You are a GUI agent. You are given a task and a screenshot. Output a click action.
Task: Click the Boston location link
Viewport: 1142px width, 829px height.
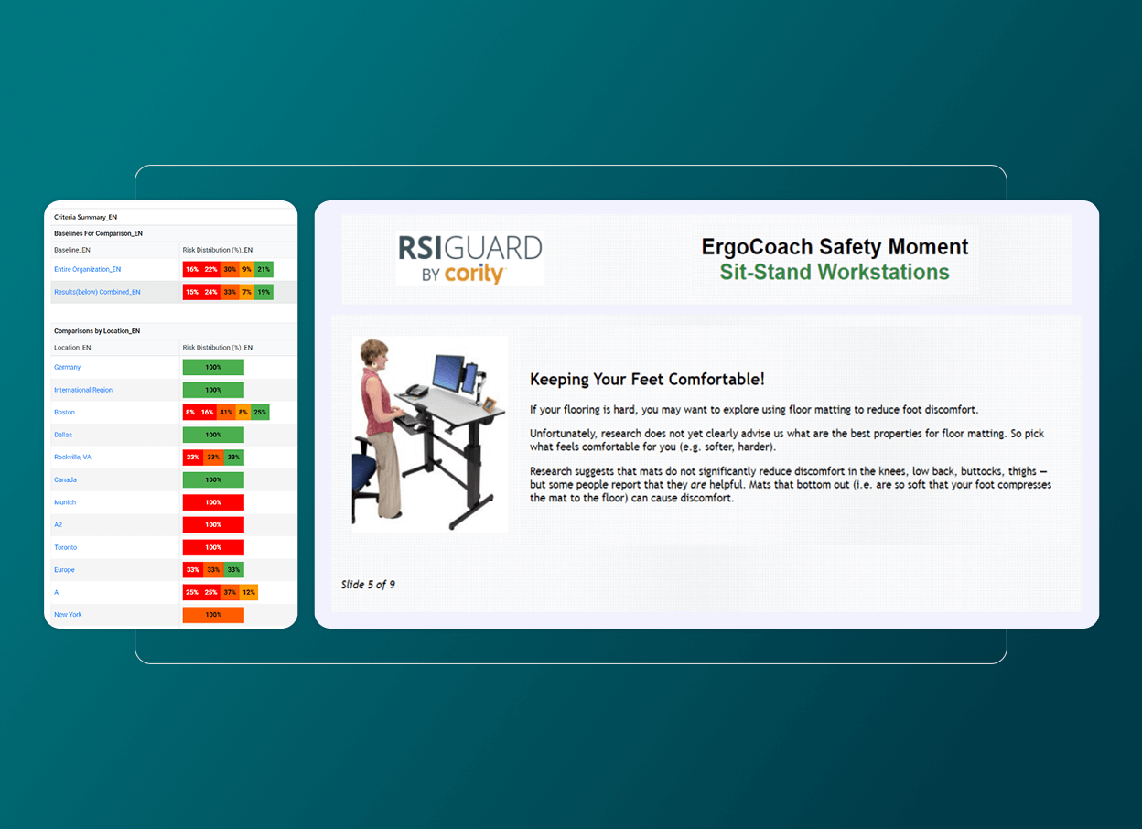coord(64,413)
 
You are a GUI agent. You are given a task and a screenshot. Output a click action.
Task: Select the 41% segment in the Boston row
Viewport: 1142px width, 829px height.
coord(226,413)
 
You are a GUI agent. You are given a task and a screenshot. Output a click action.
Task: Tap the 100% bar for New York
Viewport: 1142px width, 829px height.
coord(213,615)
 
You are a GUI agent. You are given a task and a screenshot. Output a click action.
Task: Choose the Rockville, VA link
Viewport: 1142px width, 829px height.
coord(72,458)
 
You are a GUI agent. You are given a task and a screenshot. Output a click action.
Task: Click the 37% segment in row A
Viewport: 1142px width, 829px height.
coord(230,593)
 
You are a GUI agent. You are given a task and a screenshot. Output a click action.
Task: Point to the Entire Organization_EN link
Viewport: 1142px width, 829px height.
coord(87,270)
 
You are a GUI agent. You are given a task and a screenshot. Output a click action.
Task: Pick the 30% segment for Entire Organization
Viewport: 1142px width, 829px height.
coord(230,270)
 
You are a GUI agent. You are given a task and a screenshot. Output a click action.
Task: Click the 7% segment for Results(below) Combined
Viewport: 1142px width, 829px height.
coord(247,293)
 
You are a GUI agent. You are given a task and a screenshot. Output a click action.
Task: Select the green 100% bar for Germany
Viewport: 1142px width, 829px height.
coord(213,368)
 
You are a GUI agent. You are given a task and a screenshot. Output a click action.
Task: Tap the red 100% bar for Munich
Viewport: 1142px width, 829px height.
coord(213,502)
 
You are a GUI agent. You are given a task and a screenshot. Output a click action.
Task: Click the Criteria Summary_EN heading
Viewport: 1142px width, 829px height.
coord(85,218)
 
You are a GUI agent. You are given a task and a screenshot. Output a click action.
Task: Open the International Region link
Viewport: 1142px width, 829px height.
coord(83,390)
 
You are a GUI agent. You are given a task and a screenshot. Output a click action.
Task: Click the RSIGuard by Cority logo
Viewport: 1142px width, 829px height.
coord(469,259)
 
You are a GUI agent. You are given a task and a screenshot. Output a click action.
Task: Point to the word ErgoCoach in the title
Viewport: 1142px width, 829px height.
coord(744,247)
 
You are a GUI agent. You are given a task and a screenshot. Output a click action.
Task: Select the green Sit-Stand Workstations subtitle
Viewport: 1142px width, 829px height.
coord(834,272)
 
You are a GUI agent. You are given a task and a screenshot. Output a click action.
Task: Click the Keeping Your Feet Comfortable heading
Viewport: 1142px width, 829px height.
coord(647,379)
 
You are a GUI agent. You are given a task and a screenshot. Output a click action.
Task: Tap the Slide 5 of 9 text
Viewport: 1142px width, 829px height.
coord(368,585)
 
